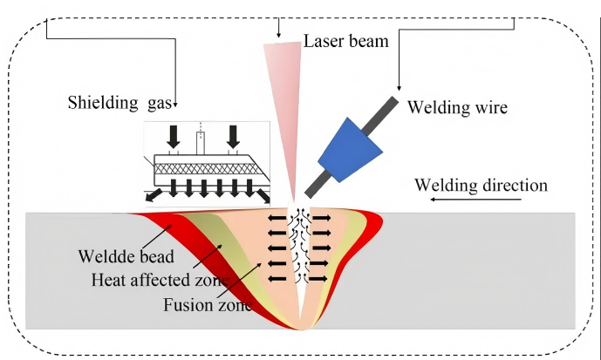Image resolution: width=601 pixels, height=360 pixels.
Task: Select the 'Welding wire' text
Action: click(455, 109)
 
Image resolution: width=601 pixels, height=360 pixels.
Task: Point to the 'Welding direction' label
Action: click(481, 185)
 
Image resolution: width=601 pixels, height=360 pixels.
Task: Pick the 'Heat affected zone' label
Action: click(160, 281)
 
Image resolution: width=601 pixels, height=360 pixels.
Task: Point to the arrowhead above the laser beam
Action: click(279, 33)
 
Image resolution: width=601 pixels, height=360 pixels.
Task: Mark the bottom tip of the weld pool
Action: click(301, 329)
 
